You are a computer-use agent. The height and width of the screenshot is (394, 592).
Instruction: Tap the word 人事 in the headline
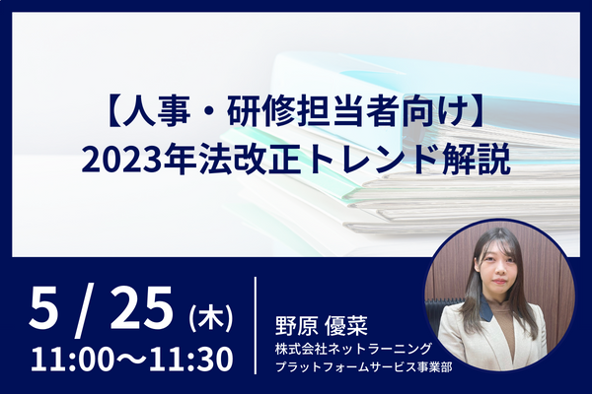click(156, 111)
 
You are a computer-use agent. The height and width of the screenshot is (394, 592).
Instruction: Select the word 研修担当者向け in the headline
click(345, 111)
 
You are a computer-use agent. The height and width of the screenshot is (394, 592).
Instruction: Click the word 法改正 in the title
click(251, 159)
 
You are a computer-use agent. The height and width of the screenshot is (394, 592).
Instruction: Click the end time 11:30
click(191, 360)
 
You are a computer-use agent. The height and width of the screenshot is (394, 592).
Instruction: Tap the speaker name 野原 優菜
click(322, 325)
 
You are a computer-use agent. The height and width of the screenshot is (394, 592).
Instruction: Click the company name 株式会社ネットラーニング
click(353, 349)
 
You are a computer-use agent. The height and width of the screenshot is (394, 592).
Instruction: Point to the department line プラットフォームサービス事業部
click(363, 366)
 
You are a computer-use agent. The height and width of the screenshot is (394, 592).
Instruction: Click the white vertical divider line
click(256, 325)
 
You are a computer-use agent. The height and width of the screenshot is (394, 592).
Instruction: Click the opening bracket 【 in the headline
click(112, 111)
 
